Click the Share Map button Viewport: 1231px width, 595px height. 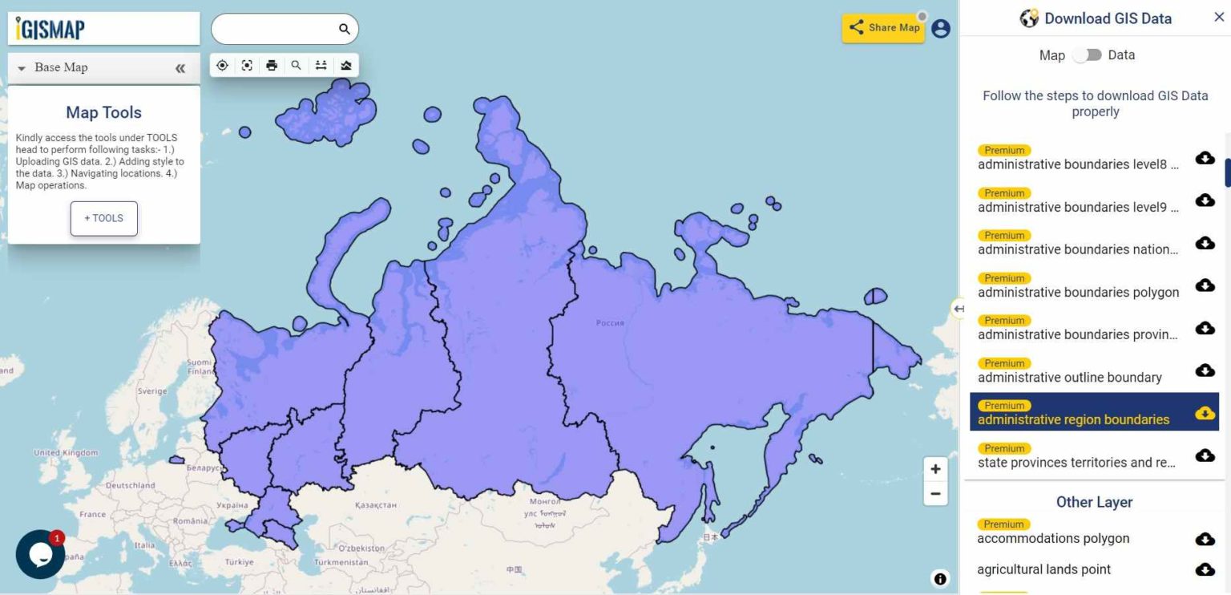pos(883,28)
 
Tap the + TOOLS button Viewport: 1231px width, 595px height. pos(104,218)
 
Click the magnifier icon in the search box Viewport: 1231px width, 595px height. pos(345,30)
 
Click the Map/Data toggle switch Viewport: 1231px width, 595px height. pos(1087,55)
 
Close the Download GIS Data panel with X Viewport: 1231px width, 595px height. pos(1219,18)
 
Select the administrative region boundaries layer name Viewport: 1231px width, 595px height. pos(1073,419)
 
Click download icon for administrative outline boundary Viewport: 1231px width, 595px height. pos(1205,370)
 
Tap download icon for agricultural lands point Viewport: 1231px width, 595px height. pos(1205,569)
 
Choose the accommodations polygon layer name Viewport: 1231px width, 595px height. pos(1053,539)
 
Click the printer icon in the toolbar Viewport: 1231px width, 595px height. pos(272,66)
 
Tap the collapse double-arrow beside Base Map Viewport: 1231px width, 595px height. pos(180,68)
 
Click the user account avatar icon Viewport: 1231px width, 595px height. pos(941,29)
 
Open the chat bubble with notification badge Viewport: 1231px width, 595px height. pos(40,554)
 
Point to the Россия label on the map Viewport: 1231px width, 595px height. pos(610,323)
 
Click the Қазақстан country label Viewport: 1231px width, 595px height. pos(376,505)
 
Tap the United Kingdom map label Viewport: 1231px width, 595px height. pos(65,453)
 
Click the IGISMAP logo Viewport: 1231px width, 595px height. pos(50,29)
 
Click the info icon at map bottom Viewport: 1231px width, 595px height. pos(940,579)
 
